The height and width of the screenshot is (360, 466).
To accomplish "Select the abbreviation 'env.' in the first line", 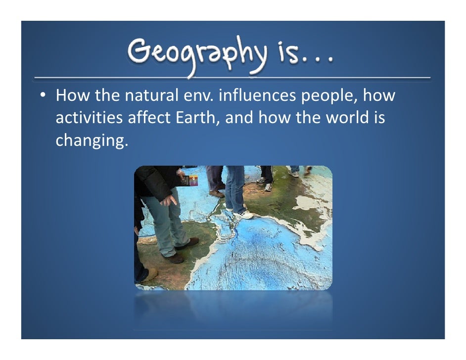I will point(195,95).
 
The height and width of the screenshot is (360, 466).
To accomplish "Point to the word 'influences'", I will point(257,95).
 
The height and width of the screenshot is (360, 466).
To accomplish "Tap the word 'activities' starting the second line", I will point(89,119).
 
